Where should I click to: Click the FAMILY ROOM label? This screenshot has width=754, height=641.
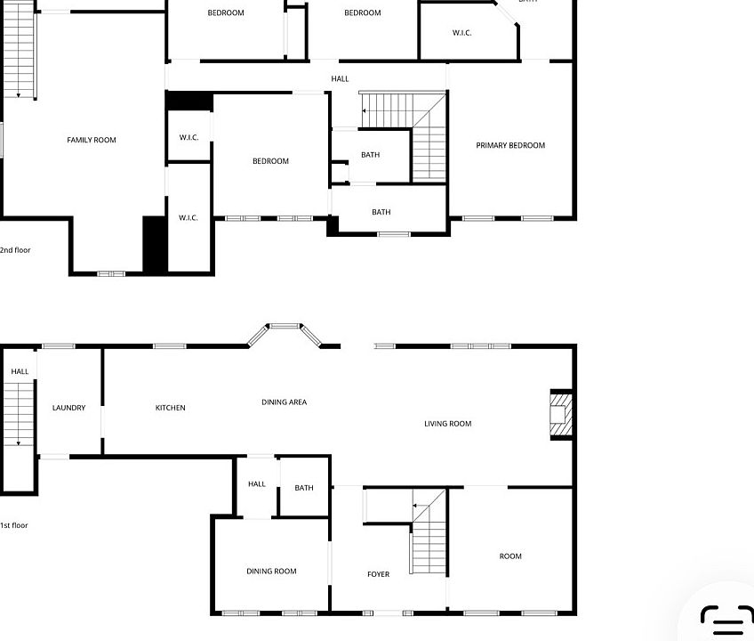92,140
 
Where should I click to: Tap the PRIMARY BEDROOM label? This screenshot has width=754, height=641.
510,145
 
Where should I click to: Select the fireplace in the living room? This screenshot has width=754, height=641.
561,415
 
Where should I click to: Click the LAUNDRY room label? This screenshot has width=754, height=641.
68,408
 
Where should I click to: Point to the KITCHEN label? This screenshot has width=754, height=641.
170,408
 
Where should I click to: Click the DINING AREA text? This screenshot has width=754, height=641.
285,402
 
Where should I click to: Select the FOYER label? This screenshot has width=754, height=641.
379,574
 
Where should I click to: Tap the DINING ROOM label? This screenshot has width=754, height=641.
271,572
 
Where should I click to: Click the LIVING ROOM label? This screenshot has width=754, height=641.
448,424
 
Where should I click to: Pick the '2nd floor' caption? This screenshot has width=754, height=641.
15,250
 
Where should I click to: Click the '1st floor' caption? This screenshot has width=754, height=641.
14,525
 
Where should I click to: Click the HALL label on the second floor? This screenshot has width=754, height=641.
340,79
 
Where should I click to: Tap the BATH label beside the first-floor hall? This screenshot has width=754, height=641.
304,488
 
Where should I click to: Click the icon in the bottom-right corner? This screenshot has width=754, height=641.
726,621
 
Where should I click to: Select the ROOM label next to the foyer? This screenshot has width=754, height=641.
510,556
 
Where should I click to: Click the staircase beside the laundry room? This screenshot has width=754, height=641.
19,414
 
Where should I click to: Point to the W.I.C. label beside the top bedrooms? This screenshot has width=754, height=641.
461,33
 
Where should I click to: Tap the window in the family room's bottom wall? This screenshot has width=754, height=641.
111,273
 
